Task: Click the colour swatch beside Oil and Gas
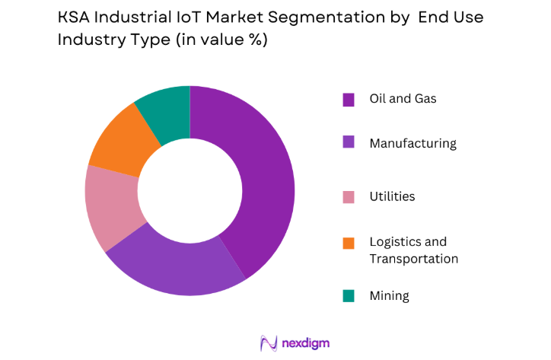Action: pyautogui.click(x=349, y=99)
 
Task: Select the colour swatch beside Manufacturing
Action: pyautogui.click(x=349, y=143)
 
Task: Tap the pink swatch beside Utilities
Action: pyautogui.click(x=349, y=197)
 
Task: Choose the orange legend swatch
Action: pyautogui.click(x=349, y=243)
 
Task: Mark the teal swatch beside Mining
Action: pyautogui.click(x=349, y=296)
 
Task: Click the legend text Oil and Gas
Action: pyautogui.click(x=403, y=99)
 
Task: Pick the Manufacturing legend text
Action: pyautogui.click(x=412, y=143)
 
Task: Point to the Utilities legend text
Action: pyautogui.click(x=392, y=197)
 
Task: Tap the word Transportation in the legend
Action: pyautogui.click(x=413, y=259)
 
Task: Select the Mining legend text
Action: pyautogui.click(x=389, y=296)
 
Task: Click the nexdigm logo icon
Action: pyautogui.click(x=269, y=342)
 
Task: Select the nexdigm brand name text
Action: pyautogui.click(x=305, y=343)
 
